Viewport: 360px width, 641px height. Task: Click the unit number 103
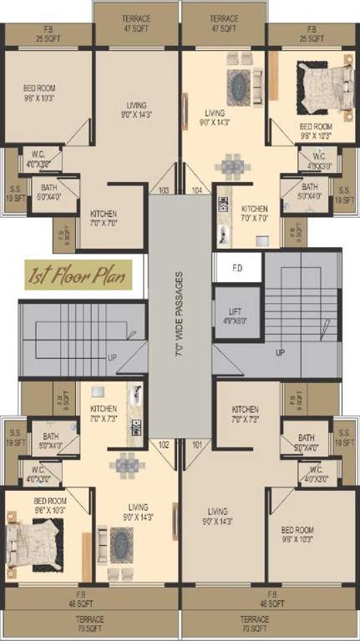[x=163, y=191]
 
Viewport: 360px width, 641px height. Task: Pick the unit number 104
[x=197, y=191]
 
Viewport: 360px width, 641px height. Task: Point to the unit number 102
[x=164, y=445]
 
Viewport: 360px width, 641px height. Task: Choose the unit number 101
[x=197, y=445]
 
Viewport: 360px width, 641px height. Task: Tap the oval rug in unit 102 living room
[x=122, y=544]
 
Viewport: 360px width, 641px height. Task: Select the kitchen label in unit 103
[x=104, y=219]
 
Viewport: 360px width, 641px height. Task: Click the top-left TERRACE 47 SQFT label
[x=136, y=22]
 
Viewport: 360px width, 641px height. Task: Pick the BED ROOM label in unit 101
[x=297, y=534]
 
